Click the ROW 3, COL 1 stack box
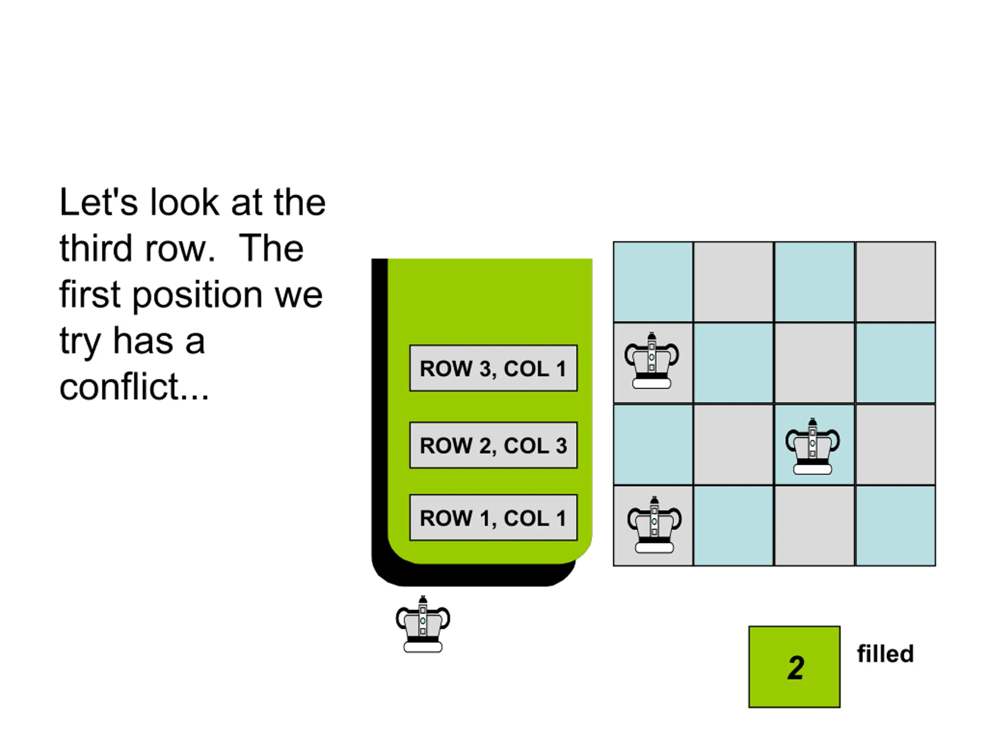[x=493, y=368]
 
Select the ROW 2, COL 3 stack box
[x=493, y=445]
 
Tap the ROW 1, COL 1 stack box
[x=493, y=518]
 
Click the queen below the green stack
[x=423, y=624]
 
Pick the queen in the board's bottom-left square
[x=654, y=524]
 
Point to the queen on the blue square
[x=812, y=446]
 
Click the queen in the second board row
[x=652, y=360]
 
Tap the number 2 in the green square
[x=796, y=668]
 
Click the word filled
[x=885, y=654]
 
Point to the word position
[x=197, y=296]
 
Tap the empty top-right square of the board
[x=896, y=282]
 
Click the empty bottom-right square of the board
[x=896, y=526]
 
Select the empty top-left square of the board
[x=653, y=282]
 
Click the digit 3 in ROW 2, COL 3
[x=561, y=445]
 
